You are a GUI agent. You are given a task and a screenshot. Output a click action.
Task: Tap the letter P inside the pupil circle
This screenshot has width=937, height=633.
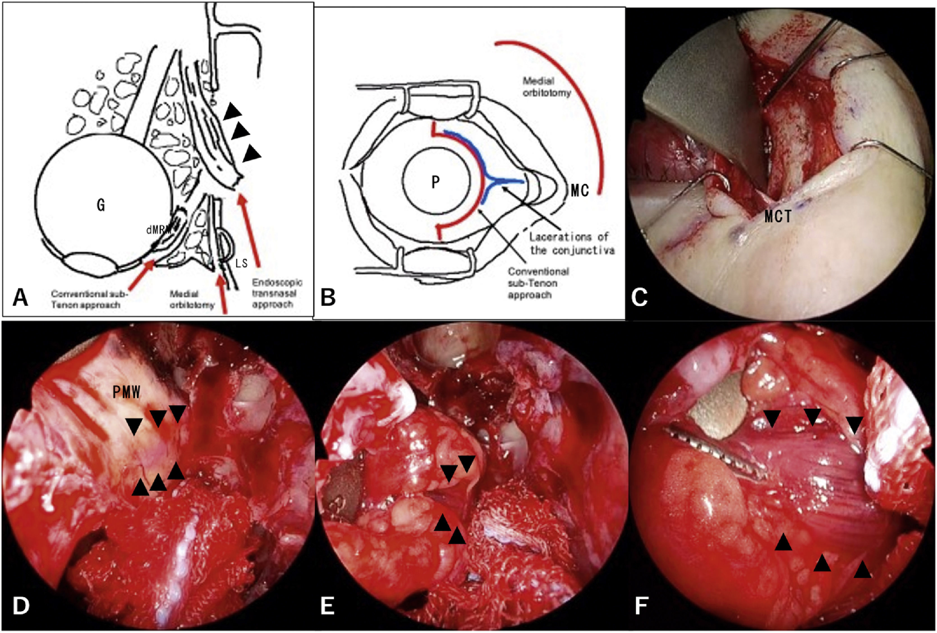click(x=435, y=182)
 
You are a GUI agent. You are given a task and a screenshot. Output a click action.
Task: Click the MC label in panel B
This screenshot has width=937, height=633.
click(x=580, y=191)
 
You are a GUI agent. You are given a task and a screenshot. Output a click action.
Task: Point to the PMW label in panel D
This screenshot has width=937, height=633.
click(x=127, y=392)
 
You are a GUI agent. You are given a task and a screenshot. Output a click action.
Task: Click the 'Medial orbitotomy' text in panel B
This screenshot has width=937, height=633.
click(x=547, y=87)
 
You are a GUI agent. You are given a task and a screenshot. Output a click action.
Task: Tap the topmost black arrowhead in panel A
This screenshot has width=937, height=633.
click(x=233, y=111)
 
